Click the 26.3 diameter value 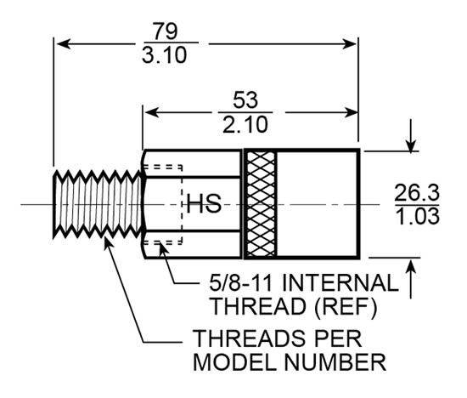click(x=417, y=192)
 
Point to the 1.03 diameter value click(x=417, y=216)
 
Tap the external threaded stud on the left click(x=95, y=204)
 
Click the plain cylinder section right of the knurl click(x=320, y=204)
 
